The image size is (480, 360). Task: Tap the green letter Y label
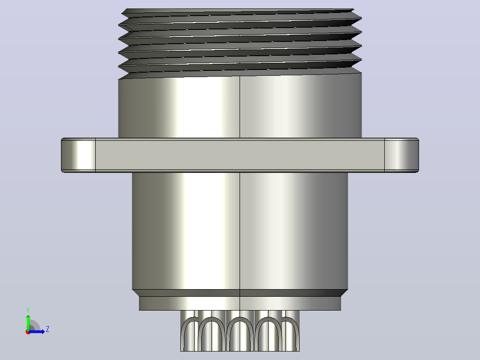[28, 310]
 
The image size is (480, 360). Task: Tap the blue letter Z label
[48, 329]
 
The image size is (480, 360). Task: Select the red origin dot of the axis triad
[28, 332]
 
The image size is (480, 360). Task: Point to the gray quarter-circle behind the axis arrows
[34, 325]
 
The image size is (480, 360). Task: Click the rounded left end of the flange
[78, 155]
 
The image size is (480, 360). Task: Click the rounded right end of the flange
[402, 155]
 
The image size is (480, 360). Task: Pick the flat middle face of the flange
[240, 155]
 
